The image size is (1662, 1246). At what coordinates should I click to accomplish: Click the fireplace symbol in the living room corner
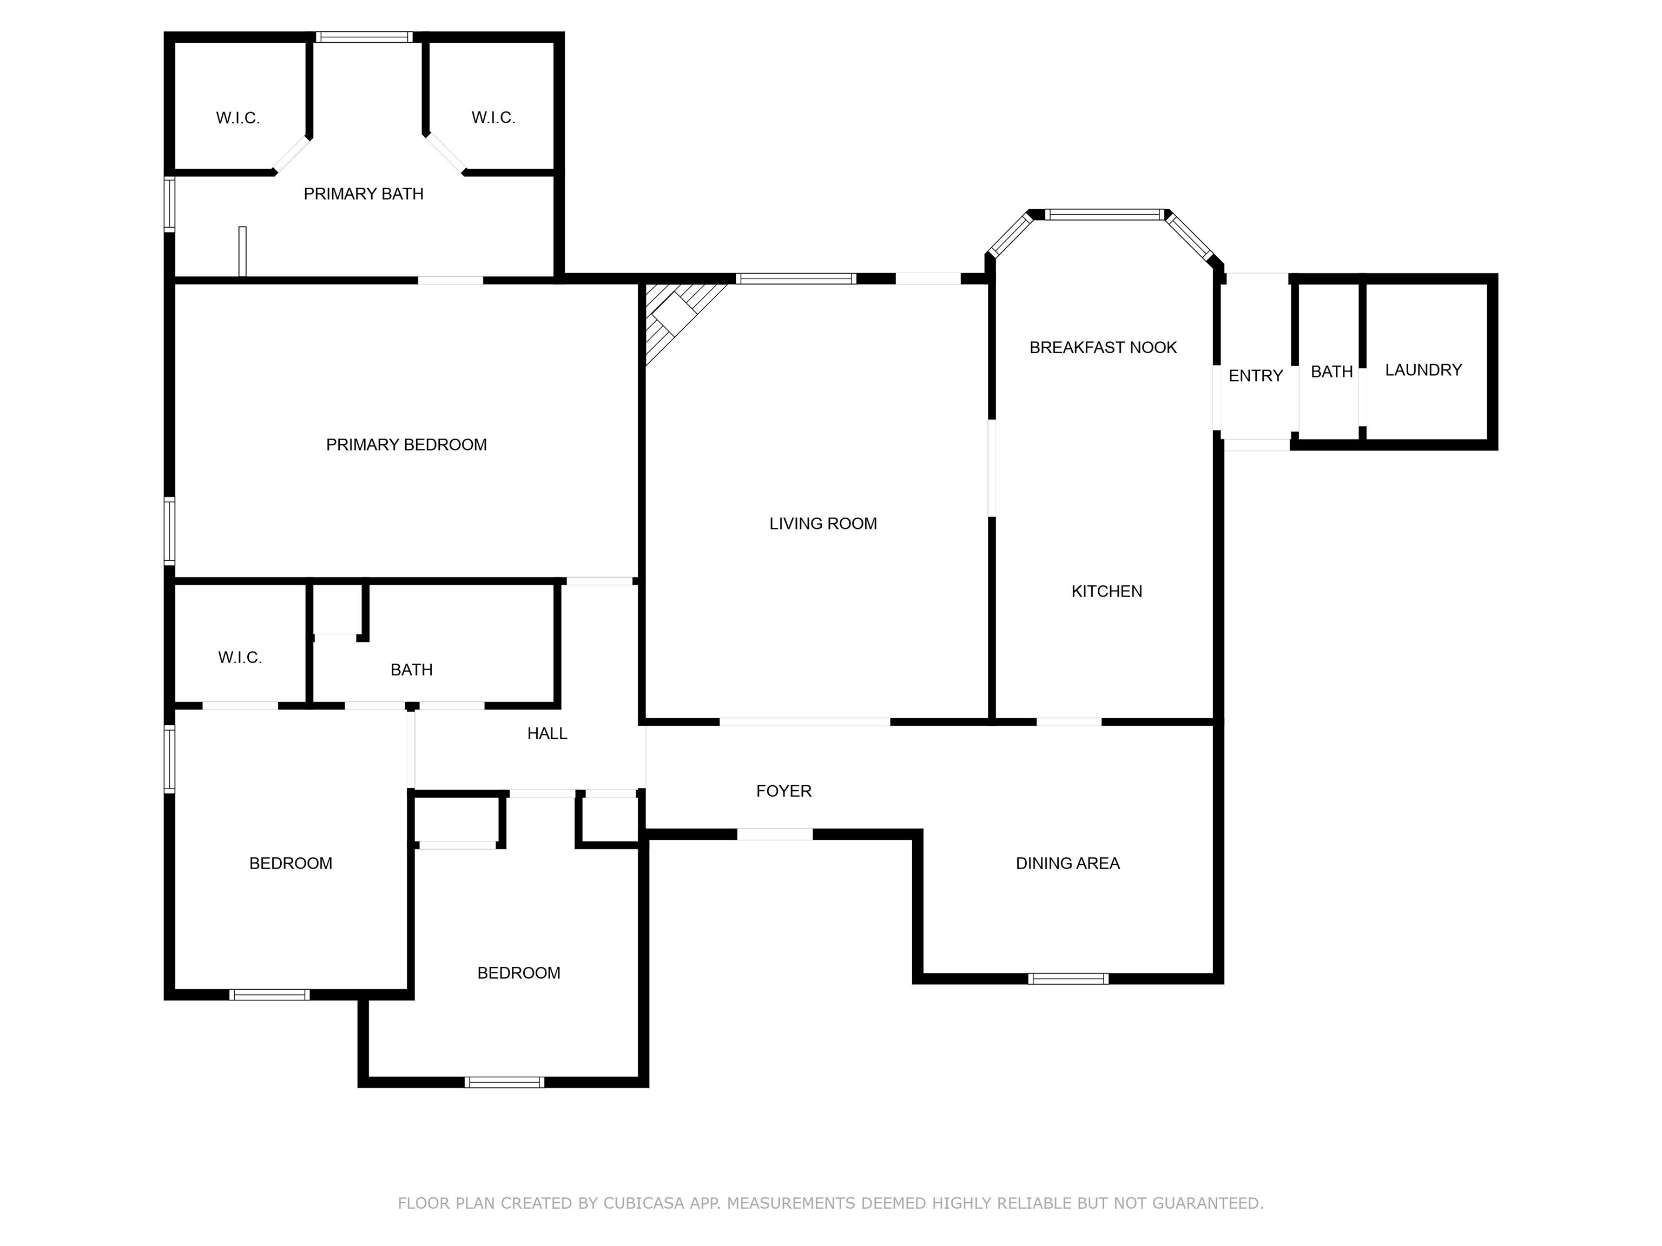click(x=676, y=314)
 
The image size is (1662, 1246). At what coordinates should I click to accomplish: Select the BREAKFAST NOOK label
click(x=1102, y=347)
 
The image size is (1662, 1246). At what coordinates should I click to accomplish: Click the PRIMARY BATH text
click(x=363, y=194)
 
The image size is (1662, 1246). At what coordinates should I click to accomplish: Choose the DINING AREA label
click(x=1067, y=863)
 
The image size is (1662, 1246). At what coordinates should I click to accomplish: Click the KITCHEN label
click(x=1106, y=591)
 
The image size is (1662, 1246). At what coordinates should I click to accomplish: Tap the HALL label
click(x=546, y=733)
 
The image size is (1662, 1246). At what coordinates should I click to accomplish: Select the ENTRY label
click(x=1255, y=375)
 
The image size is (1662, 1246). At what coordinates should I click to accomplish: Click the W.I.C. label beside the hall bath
click(x=240, y=657)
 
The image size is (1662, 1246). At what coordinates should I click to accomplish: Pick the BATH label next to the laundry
click(x=1331, y=371)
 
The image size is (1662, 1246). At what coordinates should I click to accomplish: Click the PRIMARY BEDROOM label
click(x=406, y=445)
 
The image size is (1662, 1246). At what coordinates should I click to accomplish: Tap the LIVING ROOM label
click(x=823, y=523)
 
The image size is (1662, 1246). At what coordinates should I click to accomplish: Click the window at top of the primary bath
click(x=364, y=37)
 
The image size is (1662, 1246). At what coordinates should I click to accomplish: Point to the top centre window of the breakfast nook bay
click(x=1105, y=215)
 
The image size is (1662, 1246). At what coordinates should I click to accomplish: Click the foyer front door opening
click(x=775, y=834)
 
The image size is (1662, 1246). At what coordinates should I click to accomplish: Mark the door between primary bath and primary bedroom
click(x=450, y=280)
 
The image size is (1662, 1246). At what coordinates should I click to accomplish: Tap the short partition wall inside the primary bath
click(x=242, y=251)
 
